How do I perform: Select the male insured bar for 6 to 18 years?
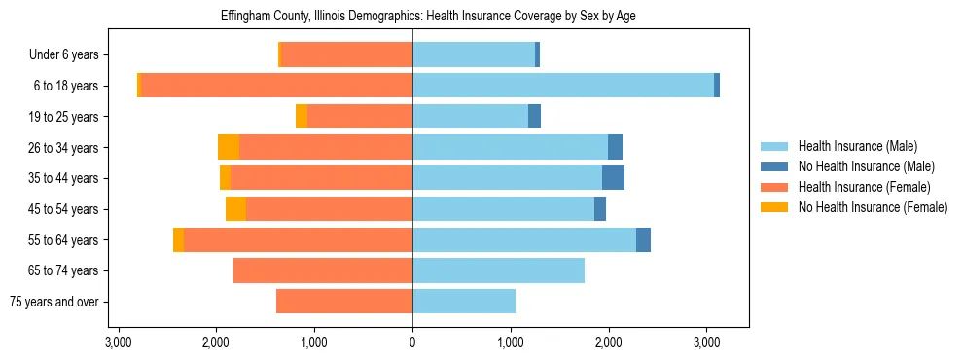(563, 86)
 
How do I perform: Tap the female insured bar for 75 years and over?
(344, 302)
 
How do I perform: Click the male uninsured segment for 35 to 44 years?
(613, 178)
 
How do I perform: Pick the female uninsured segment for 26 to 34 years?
(229, 147)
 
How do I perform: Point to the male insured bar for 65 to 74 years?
(498, 270)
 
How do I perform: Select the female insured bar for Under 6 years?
(346, 54)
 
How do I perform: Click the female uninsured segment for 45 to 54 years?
(235, 209)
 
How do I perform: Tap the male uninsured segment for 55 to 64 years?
(643, 239)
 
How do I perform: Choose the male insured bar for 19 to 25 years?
(470, 117)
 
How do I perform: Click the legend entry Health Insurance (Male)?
(857, 146)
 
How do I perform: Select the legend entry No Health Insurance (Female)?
(873, 207)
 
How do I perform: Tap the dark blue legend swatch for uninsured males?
(774, 166)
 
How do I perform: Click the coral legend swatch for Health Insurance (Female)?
(774, 187)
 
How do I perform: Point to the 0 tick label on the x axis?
(412, 342)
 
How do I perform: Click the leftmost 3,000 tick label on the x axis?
(118, 342)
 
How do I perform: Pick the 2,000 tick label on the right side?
(609, 342)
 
